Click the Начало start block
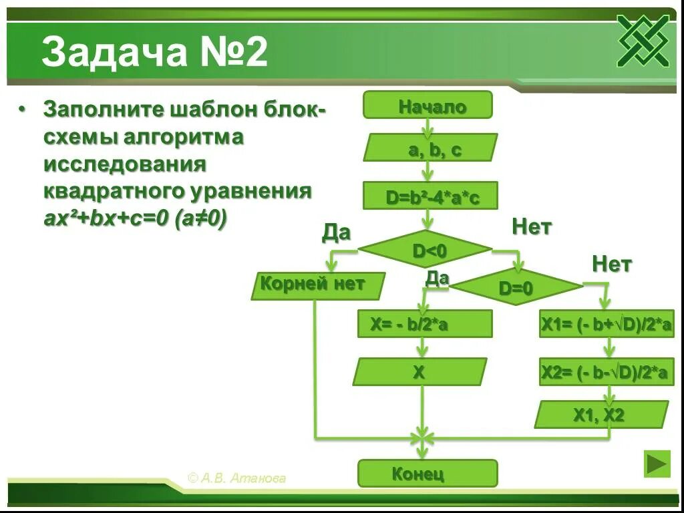[x=427, y=106]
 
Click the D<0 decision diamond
[x=425, y=249]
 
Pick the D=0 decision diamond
[x=516, y=287]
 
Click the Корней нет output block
[x=318, y=285]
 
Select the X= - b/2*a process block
[x=425, y=324]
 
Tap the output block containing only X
[x=419, y=372]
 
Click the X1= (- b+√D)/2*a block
[x=607, y=324]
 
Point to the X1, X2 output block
[x=601, y=415]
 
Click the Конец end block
[x=427, y=474]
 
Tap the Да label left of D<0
[x=336, y=232]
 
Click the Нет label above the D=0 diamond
[x=532, y=227]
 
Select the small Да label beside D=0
[x=437, y=278]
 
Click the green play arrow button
[x=657, y=464]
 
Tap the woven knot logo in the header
[x=643, y=41]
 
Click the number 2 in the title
[x=255, y=53]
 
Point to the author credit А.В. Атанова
[x=237, y=478]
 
